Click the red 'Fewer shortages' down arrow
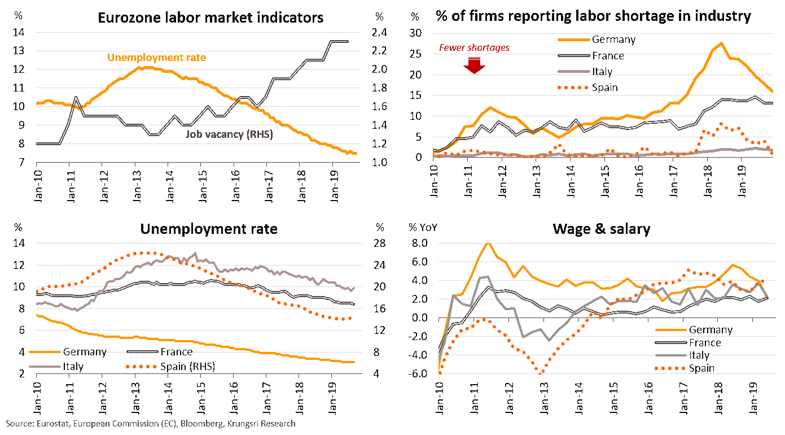pyautogui.click(x=474, y=66)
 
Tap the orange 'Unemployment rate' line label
pyautogui.click(x=156, y=58)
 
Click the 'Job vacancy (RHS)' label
pyautogui.click(x=229, y=134)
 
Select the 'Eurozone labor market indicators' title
pyautogui.click(x=210, y=18)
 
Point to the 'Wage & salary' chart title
pyautogui.click(x=601, y=229)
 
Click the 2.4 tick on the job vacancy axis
pyautogui.click(x=379, y=33)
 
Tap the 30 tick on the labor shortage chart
pyautogui.click(x=416, y=33)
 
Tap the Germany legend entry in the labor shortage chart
pyautogui.click(x=613, y=40)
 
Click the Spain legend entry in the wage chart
pyautogui.click(x=701, y=368)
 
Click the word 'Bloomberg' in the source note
pyautogui.click(x=197, y=423)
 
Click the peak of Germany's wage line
pyautogui.click(x=488, y=243)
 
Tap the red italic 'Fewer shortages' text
pyautogui.click(x=474, y=48)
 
